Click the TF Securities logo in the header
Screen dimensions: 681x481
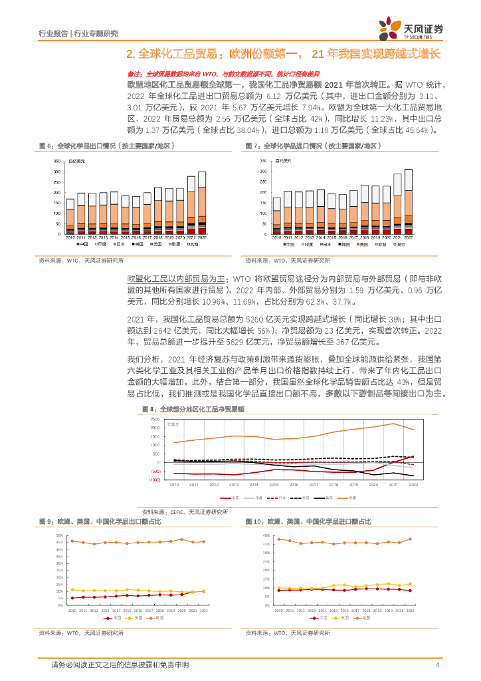click(x=411, y=28)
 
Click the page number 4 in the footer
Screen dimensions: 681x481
click(x=437, y=665)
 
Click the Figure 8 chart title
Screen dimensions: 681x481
click(x=193, y=409)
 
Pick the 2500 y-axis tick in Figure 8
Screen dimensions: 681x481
click(x=154, y=420)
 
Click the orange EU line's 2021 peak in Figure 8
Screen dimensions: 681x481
click(x=394, y=424)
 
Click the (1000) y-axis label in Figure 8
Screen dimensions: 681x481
click(x=153, y=479)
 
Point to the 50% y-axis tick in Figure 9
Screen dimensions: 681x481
click(x=60, y=535)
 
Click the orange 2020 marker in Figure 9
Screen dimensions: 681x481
click(x=181, y=539)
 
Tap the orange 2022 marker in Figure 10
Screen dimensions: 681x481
click(x=410, y=539)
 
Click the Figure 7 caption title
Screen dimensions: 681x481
click(x=312, y=145)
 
